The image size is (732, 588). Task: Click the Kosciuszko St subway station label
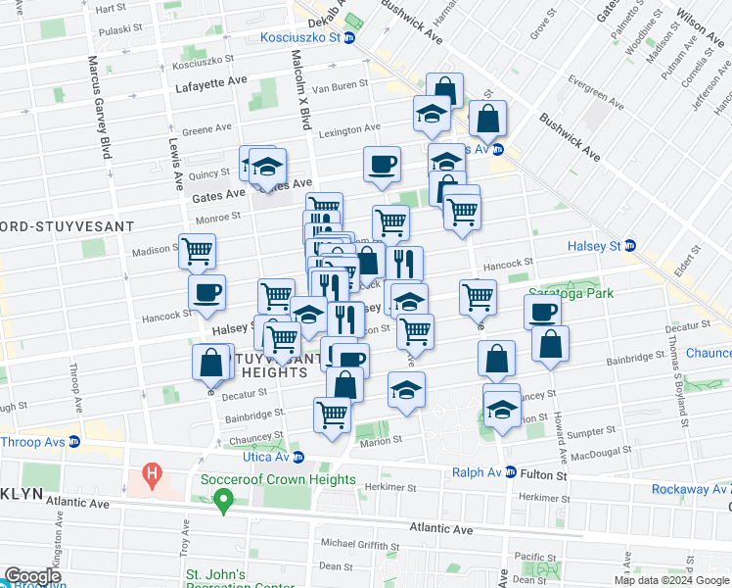[299, 37]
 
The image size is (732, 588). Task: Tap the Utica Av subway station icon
[298, 457]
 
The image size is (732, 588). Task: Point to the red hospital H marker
[151, 476]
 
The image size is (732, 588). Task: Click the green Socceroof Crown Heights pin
[223, 503]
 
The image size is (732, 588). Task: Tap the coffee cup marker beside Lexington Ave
[382, 164]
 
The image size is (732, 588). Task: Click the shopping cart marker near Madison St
[197, 252]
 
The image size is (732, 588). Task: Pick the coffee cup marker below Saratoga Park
[542, 312]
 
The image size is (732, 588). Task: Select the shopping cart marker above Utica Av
[332, 415]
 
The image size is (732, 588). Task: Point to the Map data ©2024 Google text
[672, 580]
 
